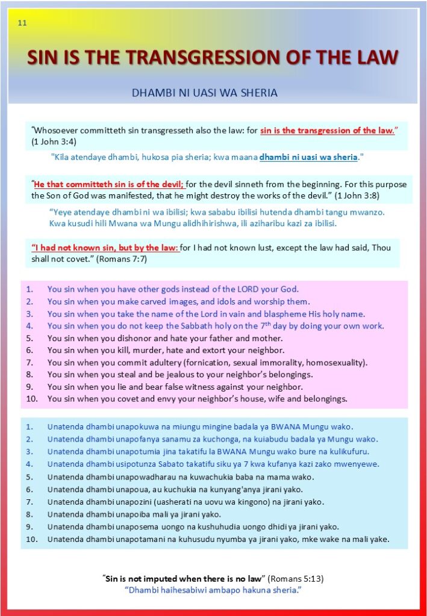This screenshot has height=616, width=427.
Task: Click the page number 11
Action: coord(22,24)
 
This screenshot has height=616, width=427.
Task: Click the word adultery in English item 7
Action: coord(160,362)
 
